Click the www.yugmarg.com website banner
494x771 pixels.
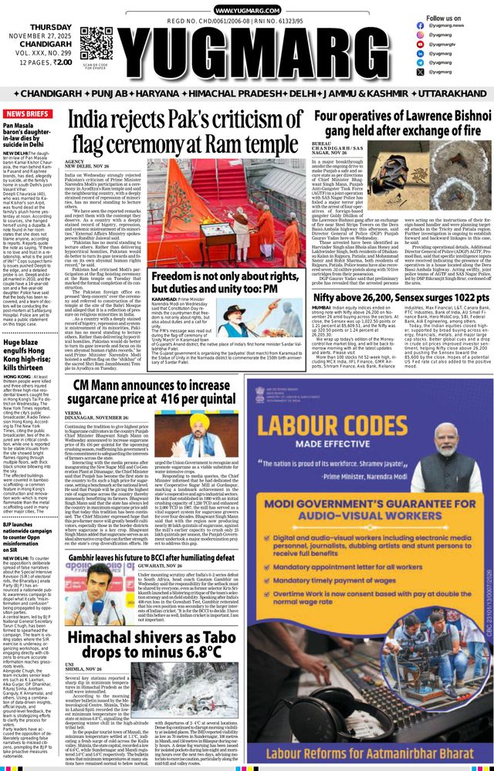point(246,10)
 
